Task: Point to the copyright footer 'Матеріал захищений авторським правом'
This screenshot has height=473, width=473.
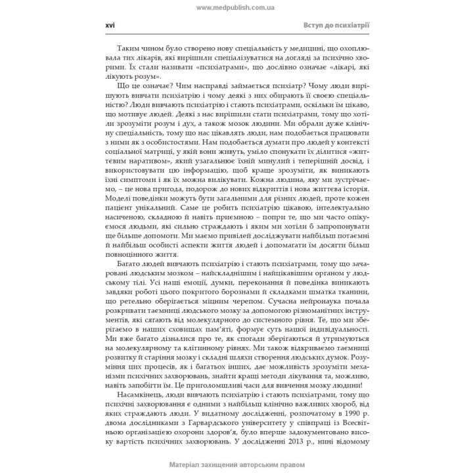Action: (x=236, y=466)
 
